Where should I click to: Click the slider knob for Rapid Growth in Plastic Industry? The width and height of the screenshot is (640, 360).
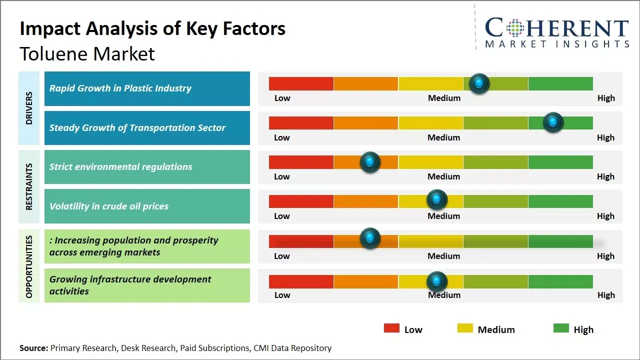tap(479, 83)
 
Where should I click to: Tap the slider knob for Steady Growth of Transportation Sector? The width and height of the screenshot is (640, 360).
tap(553, 122)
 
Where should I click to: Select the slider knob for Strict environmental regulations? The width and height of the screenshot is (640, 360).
tap(370, 162)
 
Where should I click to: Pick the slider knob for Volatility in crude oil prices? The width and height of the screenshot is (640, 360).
tap(437, 200)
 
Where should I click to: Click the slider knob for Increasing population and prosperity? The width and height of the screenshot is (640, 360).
tap(370, 238)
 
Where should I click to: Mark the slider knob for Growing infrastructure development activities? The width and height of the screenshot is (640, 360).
tap(437, 281)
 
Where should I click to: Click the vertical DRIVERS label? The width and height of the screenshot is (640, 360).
tap(29, 108)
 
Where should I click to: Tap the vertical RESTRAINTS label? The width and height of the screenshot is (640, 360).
tap(29, 186)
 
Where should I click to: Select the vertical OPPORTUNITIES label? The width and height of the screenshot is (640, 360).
tap(29, 266)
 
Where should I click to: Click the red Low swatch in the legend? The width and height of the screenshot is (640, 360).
tap(391, 328)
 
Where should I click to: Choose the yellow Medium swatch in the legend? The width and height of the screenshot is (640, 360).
tap(465, 328)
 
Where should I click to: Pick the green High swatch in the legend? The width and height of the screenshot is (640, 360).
tap(561, 328)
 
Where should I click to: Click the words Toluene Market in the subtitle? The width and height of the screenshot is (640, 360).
tap(87, 53)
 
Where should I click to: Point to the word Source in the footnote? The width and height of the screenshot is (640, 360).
tap(33, 348)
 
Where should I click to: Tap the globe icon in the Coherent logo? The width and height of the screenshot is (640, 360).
tap(514, 28)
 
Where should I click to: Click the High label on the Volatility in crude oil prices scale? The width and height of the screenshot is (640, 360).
tap(605, 216)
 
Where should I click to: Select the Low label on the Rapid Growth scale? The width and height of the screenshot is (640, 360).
tap(282, 98)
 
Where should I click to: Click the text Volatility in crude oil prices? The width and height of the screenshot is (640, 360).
tap(109, 206)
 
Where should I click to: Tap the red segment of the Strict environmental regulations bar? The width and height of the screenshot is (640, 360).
tap(301, 162)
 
